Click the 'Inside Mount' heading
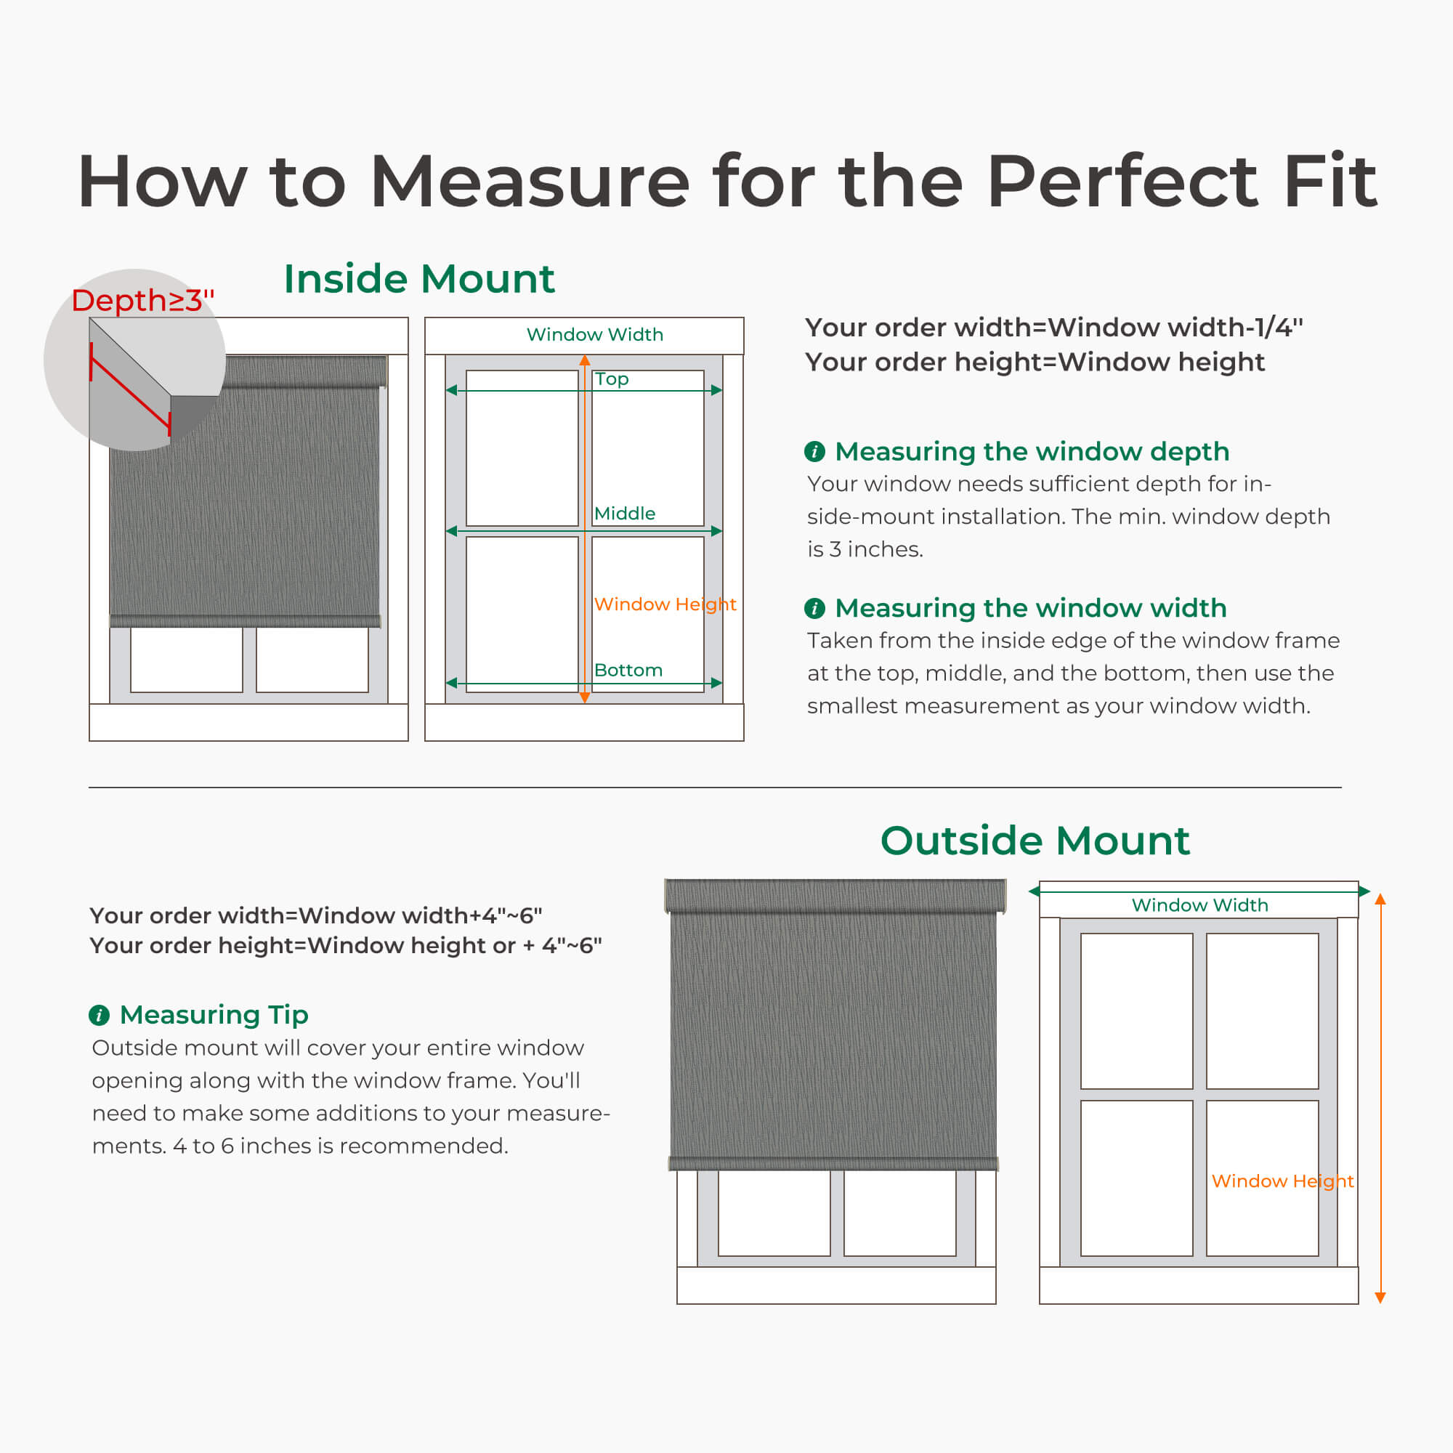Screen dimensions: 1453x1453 419,279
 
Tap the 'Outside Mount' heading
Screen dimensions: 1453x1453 1035,840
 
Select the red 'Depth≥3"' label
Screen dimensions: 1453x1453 143,300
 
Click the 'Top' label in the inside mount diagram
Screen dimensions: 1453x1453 612,379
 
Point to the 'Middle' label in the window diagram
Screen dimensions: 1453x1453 624,514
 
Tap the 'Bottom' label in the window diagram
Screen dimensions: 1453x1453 628,670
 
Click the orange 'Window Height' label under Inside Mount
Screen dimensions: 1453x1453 665,604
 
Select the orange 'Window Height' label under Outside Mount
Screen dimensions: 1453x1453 1282,1181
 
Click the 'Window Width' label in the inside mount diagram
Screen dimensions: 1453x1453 595,334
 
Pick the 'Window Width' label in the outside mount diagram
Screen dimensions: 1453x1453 1199,904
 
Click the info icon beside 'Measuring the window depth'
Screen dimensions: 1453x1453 814,451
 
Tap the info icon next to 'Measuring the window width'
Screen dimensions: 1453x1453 814,607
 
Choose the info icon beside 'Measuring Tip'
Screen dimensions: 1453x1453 100,1016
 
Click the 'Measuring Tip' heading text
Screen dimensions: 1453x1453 214,1014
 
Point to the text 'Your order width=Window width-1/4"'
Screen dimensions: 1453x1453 1053,327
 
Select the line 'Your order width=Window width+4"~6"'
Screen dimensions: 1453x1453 316,915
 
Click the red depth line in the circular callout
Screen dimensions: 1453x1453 131,391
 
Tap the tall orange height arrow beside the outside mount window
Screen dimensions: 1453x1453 1380,1098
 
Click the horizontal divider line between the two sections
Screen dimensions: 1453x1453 714,788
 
